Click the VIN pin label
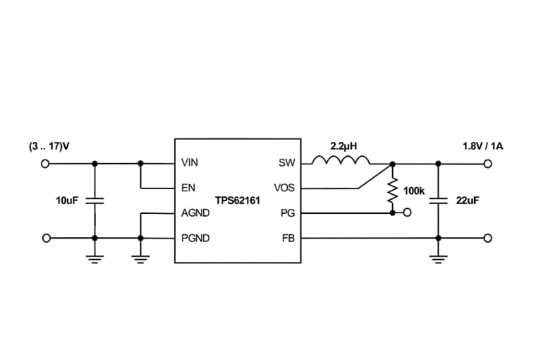pyautogui.click(x=190, y=163)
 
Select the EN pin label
pyautogui.click(x=187, y=188)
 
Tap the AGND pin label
pyautogui.click(x=194, y=212)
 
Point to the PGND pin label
pyautogui.click(x=195, y=239)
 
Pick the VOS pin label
pyautogui.click(x=284, y=188)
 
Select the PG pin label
pyautogui.click(x=288, y=212)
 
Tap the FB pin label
pyautogui.click(x=288, y=239)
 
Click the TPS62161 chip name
pyautogui.click(x=238, y=200)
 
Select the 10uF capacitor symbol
pyautogui.click(x=95, y=200)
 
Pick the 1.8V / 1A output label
pyautogui.click(x=482, y=146)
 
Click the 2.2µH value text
pyautogui.click(x=344, y=146)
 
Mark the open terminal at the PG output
pyautogui.click(x=407, y=212)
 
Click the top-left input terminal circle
pyautogui.click(x=46, y=163)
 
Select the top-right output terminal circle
pyautogui.click(x=487, y=163)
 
